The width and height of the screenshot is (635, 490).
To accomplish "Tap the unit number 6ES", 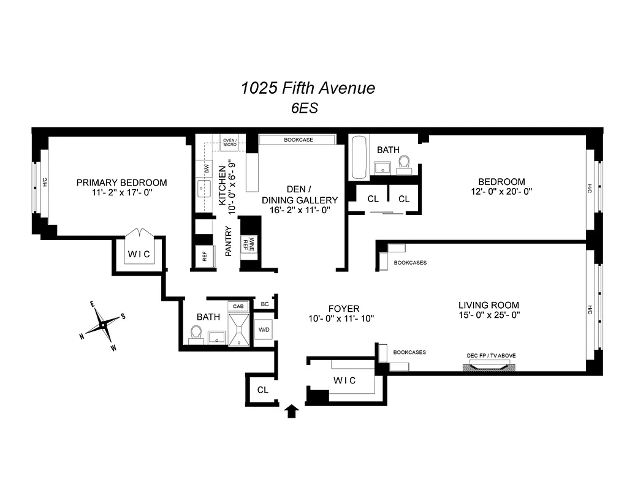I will click(x=304, y=108).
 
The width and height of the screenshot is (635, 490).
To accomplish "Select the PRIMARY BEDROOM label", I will click(x=121, y=183).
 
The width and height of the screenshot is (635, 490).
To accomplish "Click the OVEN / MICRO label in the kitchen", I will click(x=230, y=142).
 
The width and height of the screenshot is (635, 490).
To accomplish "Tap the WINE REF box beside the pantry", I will click(x=248, y=243).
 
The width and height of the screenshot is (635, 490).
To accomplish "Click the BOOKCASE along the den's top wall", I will click(x=298, y=140).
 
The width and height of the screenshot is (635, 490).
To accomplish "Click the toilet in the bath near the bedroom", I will click(x=404, y=164).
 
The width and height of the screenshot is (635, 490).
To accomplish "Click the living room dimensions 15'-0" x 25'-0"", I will click(x=489, y=316).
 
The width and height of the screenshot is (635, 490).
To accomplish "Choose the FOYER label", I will click(x=343, y=309).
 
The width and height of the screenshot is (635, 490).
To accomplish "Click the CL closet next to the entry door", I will click(x=262, y=390).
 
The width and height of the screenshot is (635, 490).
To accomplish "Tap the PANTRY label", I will click(x=228, y=241).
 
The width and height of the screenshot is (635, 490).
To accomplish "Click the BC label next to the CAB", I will click(x=265, y=304).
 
